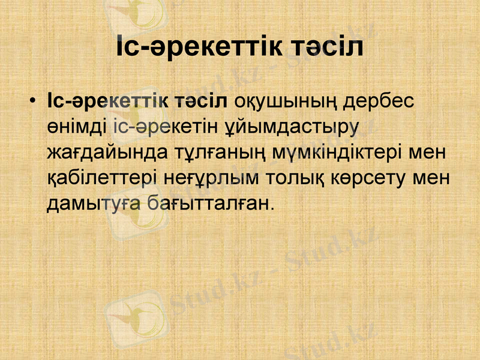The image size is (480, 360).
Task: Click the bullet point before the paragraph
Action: pos(34,100)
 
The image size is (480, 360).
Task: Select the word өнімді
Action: pos(77,127)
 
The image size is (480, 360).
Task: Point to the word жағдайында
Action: pos(100,153)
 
